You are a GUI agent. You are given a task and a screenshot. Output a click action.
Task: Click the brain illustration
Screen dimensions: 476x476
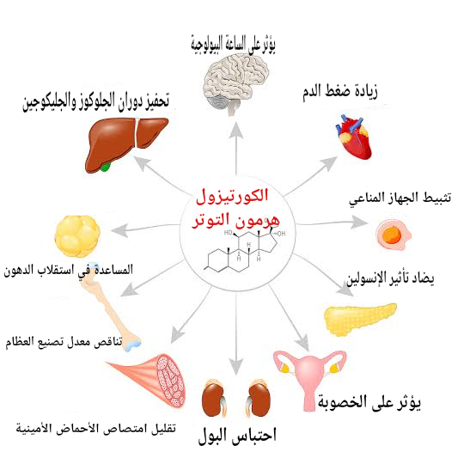(236, 84)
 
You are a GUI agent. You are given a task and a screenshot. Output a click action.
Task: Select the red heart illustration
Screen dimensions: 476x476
(354, 137)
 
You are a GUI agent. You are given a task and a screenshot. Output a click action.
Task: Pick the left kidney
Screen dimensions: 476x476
(213, 399)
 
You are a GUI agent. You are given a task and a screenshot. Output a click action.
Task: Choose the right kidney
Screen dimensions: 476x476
(259, 399)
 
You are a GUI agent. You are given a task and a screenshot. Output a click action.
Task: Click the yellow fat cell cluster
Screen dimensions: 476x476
(77, 235)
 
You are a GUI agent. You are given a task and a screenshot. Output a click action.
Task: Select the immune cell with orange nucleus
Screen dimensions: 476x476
(393, 235)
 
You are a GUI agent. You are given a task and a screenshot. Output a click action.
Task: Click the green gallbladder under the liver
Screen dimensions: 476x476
(105, 167)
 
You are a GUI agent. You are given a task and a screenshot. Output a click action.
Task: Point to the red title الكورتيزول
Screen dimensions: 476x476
(232, 196)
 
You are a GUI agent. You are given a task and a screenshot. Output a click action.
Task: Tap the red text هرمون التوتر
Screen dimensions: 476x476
(235, 220)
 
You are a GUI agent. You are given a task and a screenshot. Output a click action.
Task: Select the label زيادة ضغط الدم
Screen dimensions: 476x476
(339, 91)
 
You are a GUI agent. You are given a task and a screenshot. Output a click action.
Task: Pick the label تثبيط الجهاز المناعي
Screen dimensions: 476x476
(400, 198)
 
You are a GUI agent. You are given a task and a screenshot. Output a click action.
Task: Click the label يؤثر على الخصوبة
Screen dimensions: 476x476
(369, 402)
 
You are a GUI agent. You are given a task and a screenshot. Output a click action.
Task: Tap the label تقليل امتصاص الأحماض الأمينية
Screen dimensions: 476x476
(96, 429)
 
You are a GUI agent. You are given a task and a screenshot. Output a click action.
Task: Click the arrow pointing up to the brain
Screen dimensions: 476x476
(236, 149)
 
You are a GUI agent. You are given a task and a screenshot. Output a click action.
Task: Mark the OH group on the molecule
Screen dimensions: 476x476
(281, 234)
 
